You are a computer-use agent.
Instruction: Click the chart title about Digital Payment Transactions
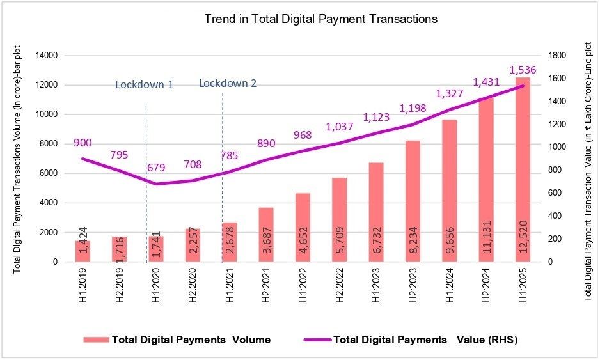point(320,19)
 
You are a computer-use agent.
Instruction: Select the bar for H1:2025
point(523,169)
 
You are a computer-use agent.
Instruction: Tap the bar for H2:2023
point(413,201)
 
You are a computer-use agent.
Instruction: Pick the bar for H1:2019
point(83,251)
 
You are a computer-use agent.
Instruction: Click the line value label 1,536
point(523,70)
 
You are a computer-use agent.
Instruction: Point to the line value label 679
point(156,167)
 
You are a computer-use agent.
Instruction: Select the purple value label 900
point(83,143)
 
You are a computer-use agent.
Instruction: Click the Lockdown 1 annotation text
point(145,84)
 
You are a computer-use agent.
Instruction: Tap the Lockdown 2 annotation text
point(228,83)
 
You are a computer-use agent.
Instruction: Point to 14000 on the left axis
point(47,56)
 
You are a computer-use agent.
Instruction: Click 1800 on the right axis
point(557,56)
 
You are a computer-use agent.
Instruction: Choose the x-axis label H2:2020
point(193,285)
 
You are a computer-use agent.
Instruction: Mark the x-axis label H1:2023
point(376,285)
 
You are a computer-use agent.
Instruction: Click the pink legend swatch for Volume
point(96,340)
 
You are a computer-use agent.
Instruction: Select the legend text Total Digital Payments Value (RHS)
point(425,340)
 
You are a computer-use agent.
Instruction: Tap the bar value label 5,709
point(340,240)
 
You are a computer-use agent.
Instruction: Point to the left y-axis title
point(17,159)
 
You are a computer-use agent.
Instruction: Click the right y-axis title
point(588,171)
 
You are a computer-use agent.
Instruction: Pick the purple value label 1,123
point(376,117)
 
